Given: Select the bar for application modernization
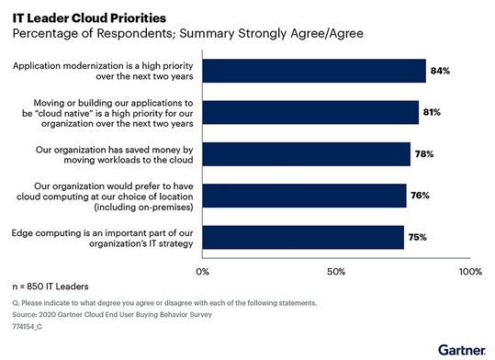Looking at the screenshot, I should (313, 72).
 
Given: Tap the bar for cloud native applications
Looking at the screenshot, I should (309, 112).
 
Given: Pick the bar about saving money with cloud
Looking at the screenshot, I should (306, 153).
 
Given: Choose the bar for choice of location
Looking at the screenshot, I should (303, 196).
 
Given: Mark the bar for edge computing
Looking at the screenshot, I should (302, 237).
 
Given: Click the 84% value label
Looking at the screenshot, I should (442, 72).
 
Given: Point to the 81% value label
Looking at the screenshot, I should (433, 112).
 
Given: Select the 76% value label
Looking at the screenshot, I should (421, 196).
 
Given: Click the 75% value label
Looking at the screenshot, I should (419, 237).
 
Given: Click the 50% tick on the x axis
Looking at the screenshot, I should (336, 272).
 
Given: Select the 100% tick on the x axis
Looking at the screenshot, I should (468, 272).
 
